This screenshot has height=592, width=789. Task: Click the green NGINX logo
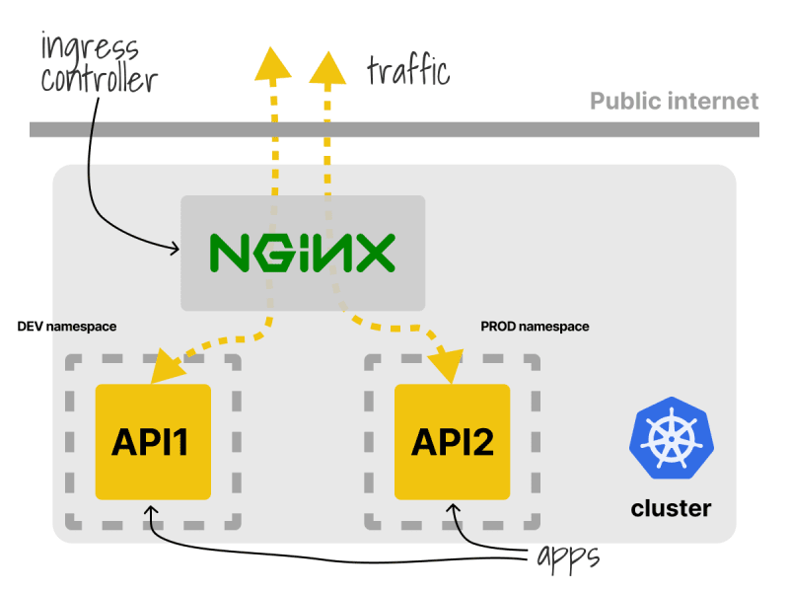pos(303,253)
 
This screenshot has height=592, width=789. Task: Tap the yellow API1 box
pos(153,442)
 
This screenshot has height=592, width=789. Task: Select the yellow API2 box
pos(452,442)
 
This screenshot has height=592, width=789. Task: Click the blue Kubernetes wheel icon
pos(672,437)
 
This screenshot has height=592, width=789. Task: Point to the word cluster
pos(672,508)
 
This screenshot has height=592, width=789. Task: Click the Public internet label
pos(675,102)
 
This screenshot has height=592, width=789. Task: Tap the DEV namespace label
pos(67,327)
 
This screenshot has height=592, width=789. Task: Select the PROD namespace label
pos(535,327)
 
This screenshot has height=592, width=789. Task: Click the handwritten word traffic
pos(408,71)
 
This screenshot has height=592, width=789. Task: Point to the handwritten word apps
pos(569,557)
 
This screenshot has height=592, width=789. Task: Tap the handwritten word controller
pos(100,79)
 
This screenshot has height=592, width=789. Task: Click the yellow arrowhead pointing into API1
pos(168,367)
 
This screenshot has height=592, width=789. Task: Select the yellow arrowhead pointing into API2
pos(447,367)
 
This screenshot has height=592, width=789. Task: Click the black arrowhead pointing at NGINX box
pos(175,249)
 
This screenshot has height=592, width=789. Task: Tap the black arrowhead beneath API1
pos(151,511)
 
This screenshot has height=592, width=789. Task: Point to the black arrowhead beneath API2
pos(454,509)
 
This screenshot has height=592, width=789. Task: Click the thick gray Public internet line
pos(394,129)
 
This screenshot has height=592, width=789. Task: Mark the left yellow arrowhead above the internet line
pos(273,63)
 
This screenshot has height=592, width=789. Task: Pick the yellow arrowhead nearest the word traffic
pos(327,67)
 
